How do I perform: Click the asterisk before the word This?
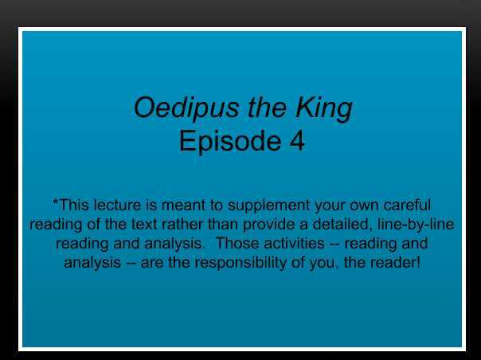click(x=55, y=204)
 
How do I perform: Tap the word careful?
click(x=405, y=205)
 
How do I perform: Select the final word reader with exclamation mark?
click(x=397, y=263)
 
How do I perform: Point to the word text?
click(x=177, y=225)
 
